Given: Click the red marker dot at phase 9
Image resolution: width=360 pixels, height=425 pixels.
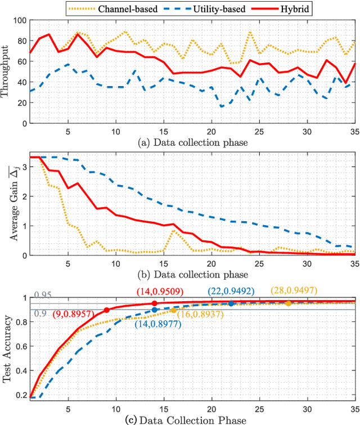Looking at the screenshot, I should (x=106, y=310).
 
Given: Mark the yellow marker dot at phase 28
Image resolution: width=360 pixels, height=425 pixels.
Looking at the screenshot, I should (x=289, y=303).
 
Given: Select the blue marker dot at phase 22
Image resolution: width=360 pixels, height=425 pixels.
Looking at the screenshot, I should (x=231, y=303).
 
